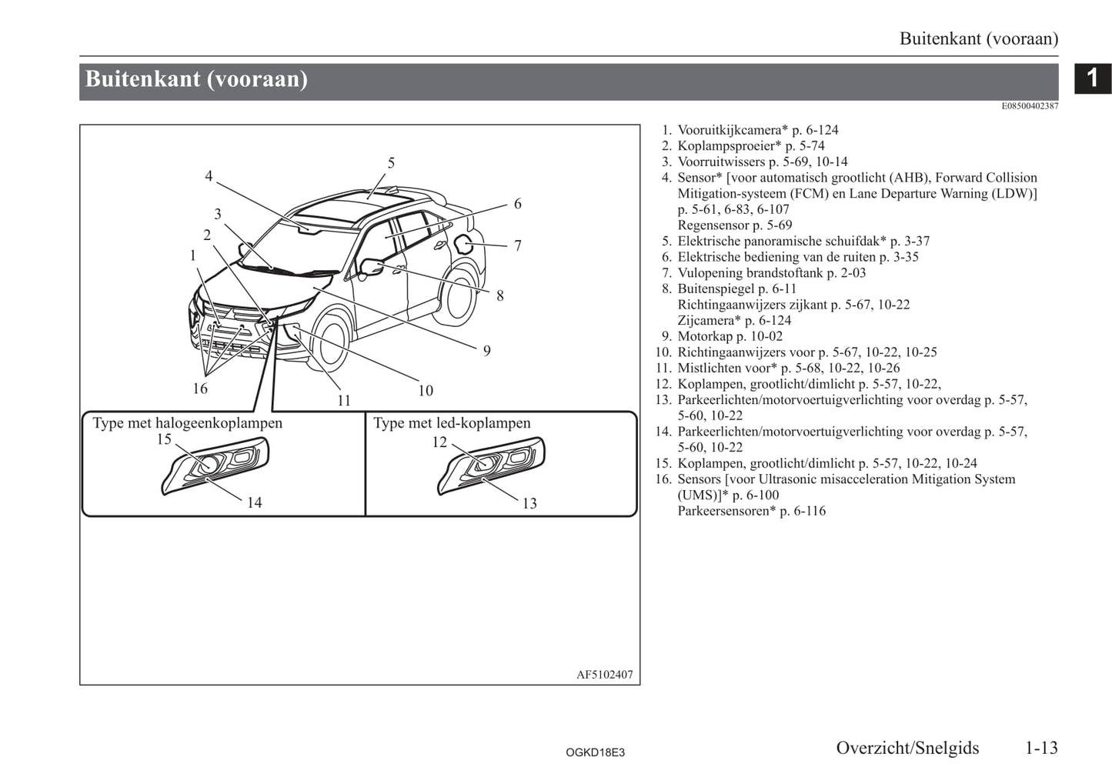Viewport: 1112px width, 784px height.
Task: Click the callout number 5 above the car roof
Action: [x=391, y=163]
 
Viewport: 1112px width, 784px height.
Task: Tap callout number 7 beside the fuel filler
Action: [x=518, y=245]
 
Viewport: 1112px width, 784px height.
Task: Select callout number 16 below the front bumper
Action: [x=200, y=389]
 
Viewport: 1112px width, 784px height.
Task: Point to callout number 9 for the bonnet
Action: [x=486, y=351]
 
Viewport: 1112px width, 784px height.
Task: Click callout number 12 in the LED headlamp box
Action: [x=439, y=442]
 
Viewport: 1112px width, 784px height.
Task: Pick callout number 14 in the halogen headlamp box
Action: [x=254, y=502]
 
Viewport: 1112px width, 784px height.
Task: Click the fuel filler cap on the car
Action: [x=463, y=245]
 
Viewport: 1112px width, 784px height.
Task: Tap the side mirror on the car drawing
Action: [x=372, y=267]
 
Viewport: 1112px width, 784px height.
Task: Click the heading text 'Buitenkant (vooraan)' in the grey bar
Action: [x=196, y=79]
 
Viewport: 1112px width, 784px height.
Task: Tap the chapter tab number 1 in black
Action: [x=1093, y=78]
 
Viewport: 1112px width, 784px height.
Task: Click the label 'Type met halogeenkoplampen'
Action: [x=188, y=423]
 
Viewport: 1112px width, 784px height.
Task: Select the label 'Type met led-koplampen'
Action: [x=452, y=423]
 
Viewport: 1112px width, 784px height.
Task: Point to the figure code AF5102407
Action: [x=604, y=675]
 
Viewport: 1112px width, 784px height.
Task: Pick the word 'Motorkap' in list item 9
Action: [x=705, y=336]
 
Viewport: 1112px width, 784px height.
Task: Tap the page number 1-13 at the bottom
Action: [x=1041, y=748]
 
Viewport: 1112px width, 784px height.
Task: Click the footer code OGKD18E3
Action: [x=595, y=752]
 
